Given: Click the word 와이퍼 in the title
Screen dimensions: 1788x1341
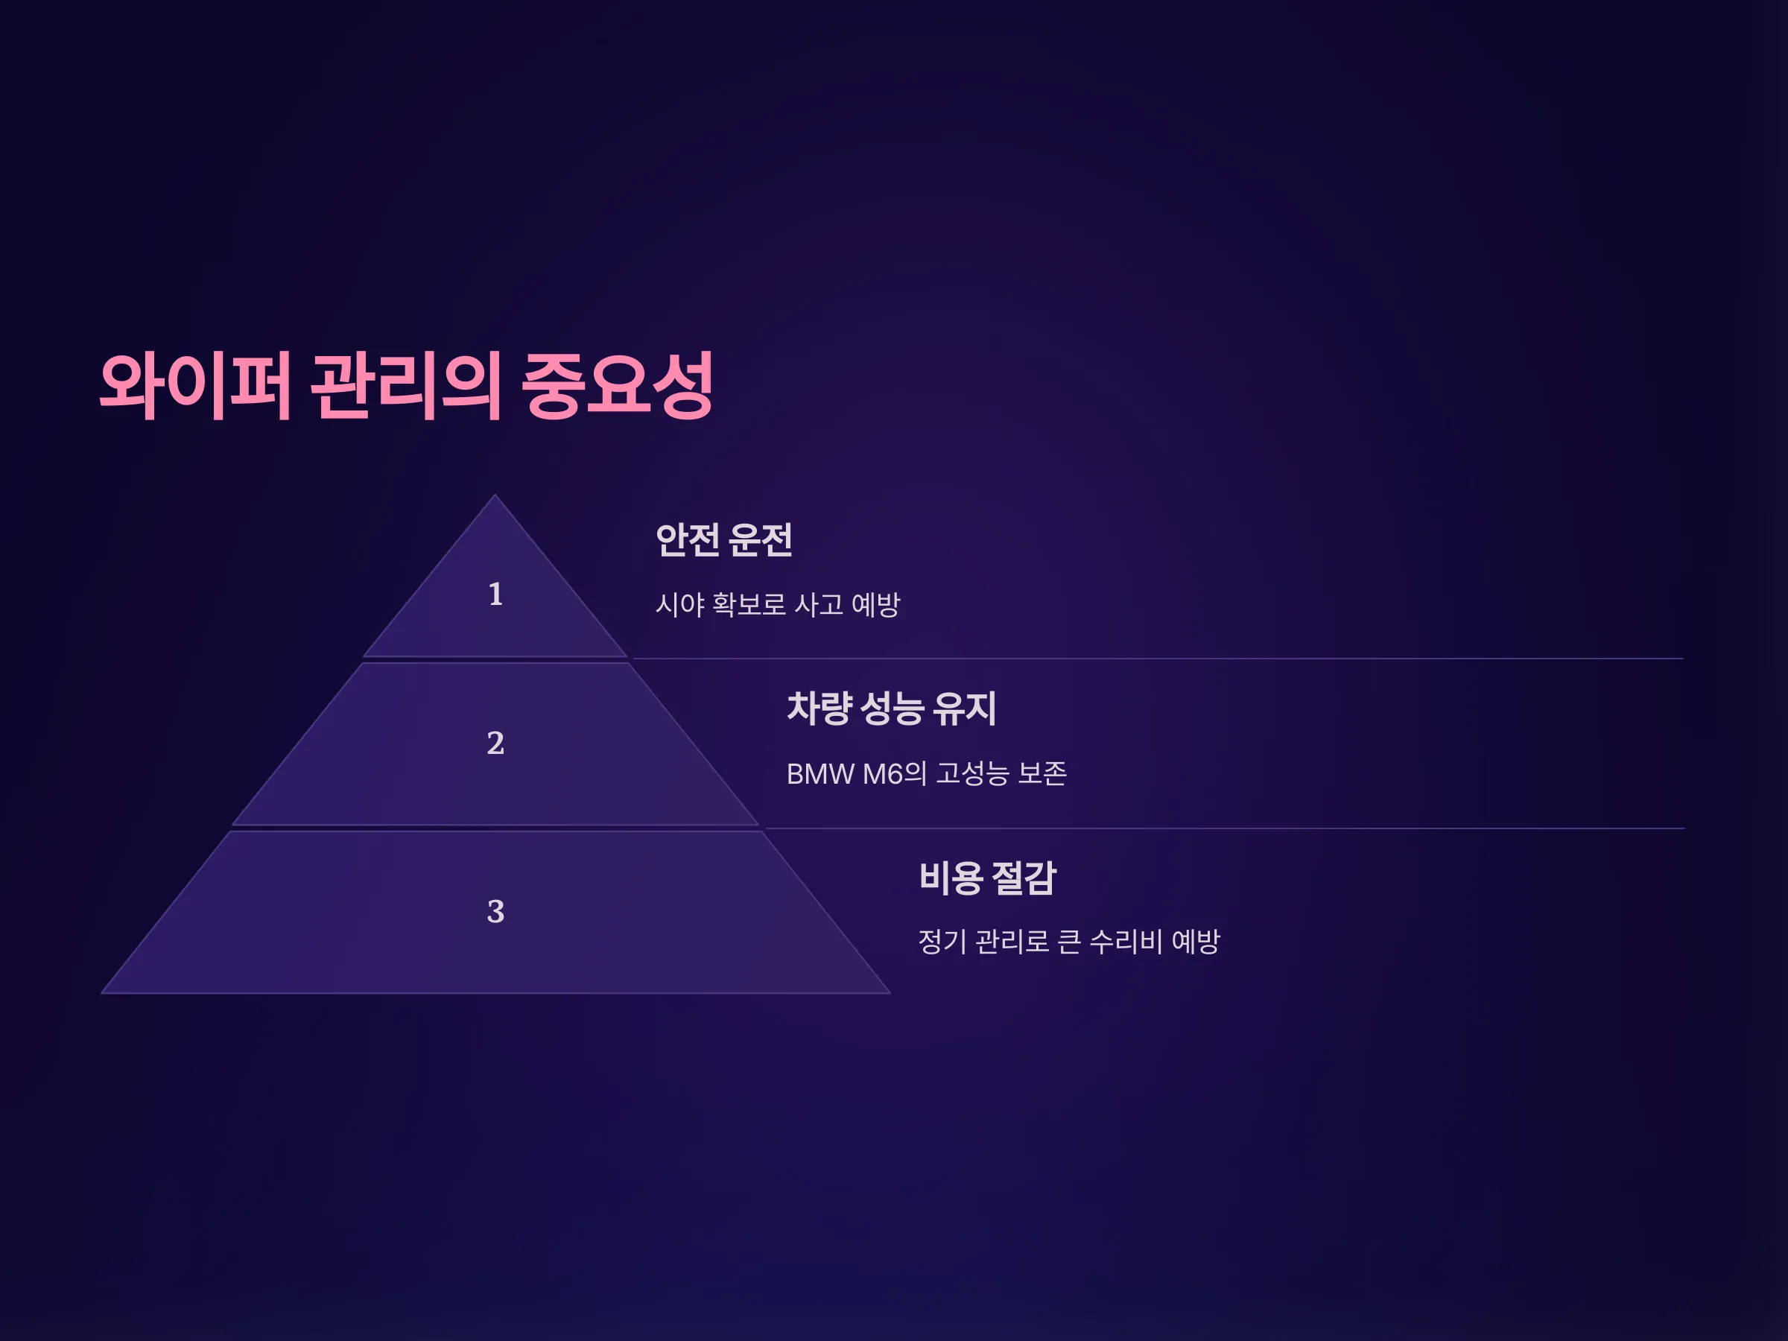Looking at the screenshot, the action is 194,386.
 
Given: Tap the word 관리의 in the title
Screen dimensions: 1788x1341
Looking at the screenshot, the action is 407,386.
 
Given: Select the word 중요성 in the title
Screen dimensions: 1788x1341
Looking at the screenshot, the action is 618,386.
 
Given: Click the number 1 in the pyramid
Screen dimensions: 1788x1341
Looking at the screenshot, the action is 495,594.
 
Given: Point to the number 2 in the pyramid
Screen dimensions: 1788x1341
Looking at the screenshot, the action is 495,743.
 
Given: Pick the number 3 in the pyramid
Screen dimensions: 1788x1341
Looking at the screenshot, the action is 495,912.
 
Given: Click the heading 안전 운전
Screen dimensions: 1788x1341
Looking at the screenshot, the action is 723,540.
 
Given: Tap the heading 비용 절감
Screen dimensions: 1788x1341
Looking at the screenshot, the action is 987,878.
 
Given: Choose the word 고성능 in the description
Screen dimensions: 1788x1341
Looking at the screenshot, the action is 972,774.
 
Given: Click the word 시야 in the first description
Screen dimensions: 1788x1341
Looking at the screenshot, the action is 679,605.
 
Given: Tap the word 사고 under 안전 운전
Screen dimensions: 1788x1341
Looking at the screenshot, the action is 819,605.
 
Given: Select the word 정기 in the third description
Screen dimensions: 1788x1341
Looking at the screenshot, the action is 942,942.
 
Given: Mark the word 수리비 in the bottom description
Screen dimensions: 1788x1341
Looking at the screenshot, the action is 1126,942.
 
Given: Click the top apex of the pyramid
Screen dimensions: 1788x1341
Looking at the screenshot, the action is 495,495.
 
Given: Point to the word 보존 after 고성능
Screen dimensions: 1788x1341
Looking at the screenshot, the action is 1043,774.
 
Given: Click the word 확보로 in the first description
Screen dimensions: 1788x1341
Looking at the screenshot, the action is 749,605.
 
